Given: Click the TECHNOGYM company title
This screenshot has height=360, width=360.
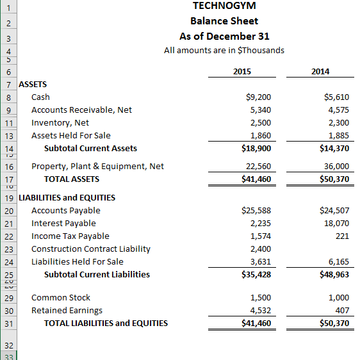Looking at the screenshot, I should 224,6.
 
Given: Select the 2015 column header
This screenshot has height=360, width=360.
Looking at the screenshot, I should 242,72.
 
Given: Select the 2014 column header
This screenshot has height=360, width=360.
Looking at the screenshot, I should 320,72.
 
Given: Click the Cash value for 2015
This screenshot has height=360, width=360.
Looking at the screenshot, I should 258,97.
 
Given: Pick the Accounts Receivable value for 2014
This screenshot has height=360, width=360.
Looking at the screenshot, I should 337,110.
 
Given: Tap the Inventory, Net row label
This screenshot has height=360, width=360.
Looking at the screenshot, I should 60,123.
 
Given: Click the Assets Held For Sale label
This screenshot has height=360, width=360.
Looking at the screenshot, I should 70,136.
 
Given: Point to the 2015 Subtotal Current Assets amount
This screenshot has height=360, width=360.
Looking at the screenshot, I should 256,149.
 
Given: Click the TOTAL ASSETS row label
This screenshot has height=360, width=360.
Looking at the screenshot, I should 71,179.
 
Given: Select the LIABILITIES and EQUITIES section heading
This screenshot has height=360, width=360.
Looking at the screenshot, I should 67,197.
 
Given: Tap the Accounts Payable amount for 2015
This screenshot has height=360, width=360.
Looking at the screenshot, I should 256,210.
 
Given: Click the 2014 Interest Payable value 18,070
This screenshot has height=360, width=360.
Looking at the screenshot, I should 334,223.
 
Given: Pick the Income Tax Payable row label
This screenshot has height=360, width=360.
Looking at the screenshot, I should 70,236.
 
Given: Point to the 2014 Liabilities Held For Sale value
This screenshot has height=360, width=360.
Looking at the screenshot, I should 337,261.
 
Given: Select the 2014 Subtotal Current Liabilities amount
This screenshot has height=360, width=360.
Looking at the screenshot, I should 334,274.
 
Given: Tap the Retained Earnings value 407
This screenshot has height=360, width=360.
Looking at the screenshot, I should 341,310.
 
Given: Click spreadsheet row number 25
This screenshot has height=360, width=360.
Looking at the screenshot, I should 8,274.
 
